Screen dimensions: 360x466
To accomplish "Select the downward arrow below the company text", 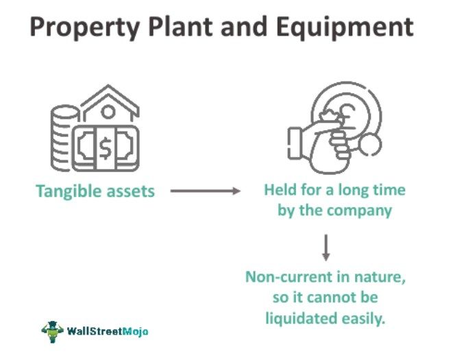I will pyautogui.click(x=326, y=247).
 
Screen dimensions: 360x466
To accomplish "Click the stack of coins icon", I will pyautogui.click(x=64, y=137).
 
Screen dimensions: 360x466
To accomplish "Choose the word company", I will pyautogui.click(x=359, y=210).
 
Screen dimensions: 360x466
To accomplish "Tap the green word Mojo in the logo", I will pyautogui.click(x=134, y=331).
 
